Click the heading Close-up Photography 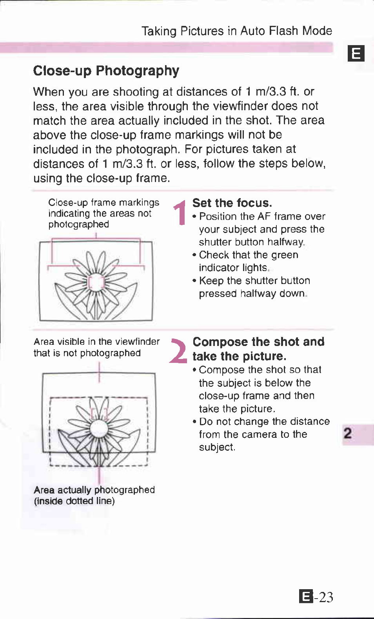(x=106, y=71)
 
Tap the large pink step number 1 (x=180, y=213)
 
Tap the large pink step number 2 (x=178, y=351)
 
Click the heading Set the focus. (x=232, y=203)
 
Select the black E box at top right (x=356, y=53)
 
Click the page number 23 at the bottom (x=326, y=597)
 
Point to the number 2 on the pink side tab (x=348, y=434)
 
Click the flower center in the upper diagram (x=96, y=282)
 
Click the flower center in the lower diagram (x=98, y=428)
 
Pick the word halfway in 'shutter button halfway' (x=290, y=242)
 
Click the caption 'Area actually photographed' (x=94, y=490)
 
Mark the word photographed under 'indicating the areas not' (x=78, y=225)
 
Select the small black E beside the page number (x=306, y=597)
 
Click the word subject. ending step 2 (x=217, y=448)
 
